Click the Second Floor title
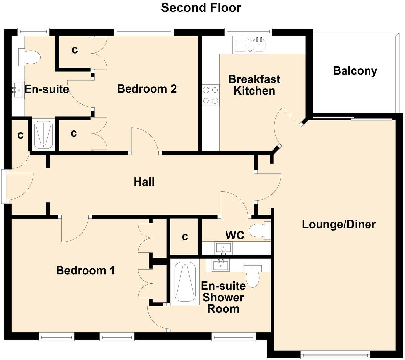[201, 8]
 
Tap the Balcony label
[355, 71]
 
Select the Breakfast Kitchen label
[254, 85]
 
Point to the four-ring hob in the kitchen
[210, 95]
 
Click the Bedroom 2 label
[147, 89]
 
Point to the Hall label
[144, 182]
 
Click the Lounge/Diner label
[339, 224]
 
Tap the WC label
[235, 235]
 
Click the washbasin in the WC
[223, 248]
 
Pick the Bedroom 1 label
[85, 270]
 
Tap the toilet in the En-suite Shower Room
[252, 275]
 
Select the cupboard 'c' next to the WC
[185, 236]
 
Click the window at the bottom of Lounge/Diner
[335, 354]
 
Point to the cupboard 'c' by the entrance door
[20, 135]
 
